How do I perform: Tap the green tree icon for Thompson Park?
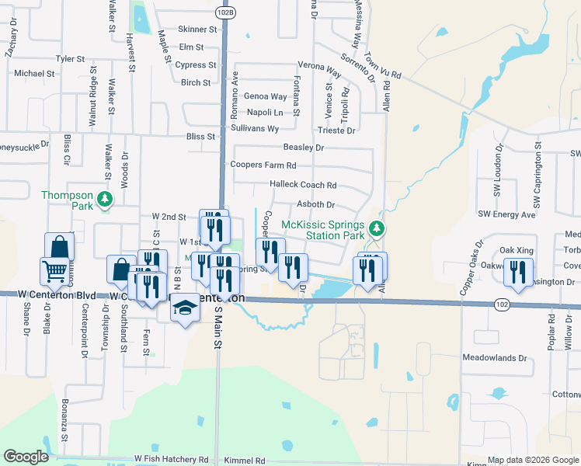(x=104, y=200)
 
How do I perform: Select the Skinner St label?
(x=197, y=29)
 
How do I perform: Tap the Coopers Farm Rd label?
(x=263, y=165)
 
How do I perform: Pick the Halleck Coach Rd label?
(x=302, y=185)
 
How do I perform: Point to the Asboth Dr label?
(x=315, y=205)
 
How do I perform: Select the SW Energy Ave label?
(x=506, y=214)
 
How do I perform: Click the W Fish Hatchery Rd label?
(x=171, y=460)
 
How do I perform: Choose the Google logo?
(x=26, y=457)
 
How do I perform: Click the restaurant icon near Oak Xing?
(x=516, y=270)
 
